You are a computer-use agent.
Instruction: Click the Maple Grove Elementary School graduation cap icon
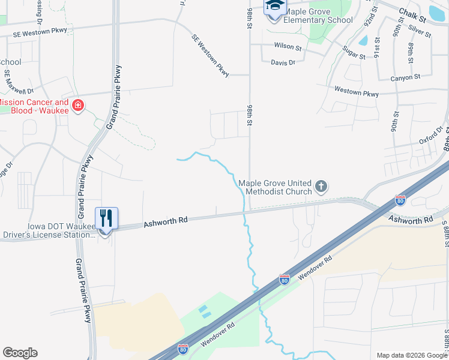click(x=274, y=6)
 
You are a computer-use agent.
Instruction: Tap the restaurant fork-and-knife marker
click(x=106, y=218)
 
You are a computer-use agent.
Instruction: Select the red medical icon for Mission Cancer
click(x=77, y=106)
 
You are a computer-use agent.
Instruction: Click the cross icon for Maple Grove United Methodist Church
click(x=321, y=187)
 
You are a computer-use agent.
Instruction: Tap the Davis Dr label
click(x=283, y=62)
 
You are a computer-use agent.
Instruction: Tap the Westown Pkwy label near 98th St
click(x=357, y=93)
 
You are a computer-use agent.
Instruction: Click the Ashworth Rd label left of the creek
click(x=166, y=222)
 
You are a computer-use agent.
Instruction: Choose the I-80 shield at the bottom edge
click(x=183, y=348)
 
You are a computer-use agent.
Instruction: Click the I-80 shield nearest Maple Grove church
click(x=400, y=200)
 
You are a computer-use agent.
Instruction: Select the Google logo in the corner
click(x=20, y=352)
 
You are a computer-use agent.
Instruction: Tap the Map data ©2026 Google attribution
click(x=412, y=355)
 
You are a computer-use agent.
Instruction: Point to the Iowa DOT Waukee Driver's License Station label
click(x=48, y=230)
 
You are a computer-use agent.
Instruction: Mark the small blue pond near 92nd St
click(x=363, y=41)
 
